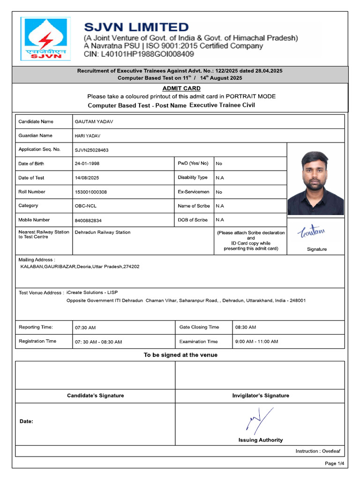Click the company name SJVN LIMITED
(x=136, y=27)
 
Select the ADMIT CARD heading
(x=181, y=88)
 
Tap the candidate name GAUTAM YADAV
(x=94, y=122)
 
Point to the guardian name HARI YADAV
(x=88, y=136)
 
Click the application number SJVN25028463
(x=91, y=150)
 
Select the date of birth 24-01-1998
(x=87, y=164)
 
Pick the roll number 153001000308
(x=91, y=192)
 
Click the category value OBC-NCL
(x=86, y=206)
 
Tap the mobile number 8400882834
(x=88, y=220)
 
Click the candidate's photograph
(x=315, y=183)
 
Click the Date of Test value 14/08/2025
(x=87, y=178)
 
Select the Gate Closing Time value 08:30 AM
(x=246, y=327)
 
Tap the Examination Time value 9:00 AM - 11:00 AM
(x=256, y=342)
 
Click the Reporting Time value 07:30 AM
(x=85, y=328)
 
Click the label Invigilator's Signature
(x=261, y=396)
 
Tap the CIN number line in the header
(x=139, y=54)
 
